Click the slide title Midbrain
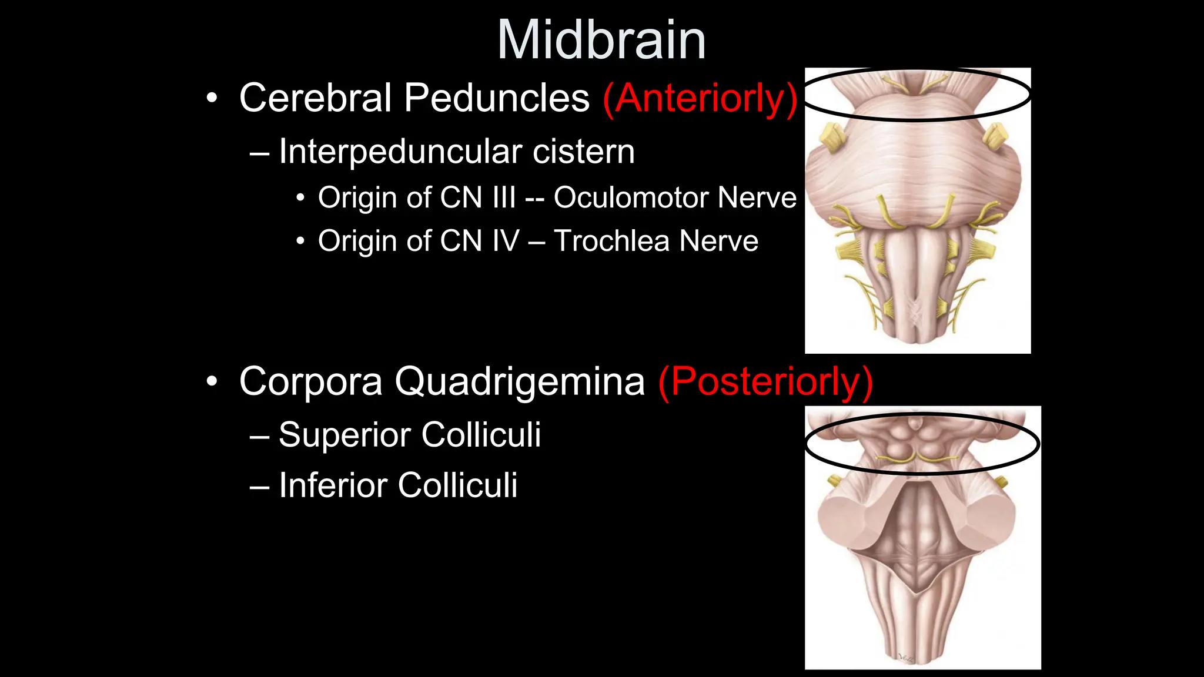click(601, 41)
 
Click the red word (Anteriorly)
click(700, 98)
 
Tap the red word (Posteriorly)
click(765, 382)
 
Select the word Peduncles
click(497, 98)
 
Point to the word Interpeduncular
click(400, 152)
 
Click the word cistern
click(584, 152)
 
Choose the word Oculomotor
click(630, 197)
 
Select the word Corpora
click(311, 382)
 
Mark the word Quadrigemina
click(520, 382)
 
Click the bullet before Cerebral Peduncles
click(212, 98)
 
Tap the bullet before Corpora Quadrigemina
click(212, 383)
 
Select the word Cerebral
click(315, 98)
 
